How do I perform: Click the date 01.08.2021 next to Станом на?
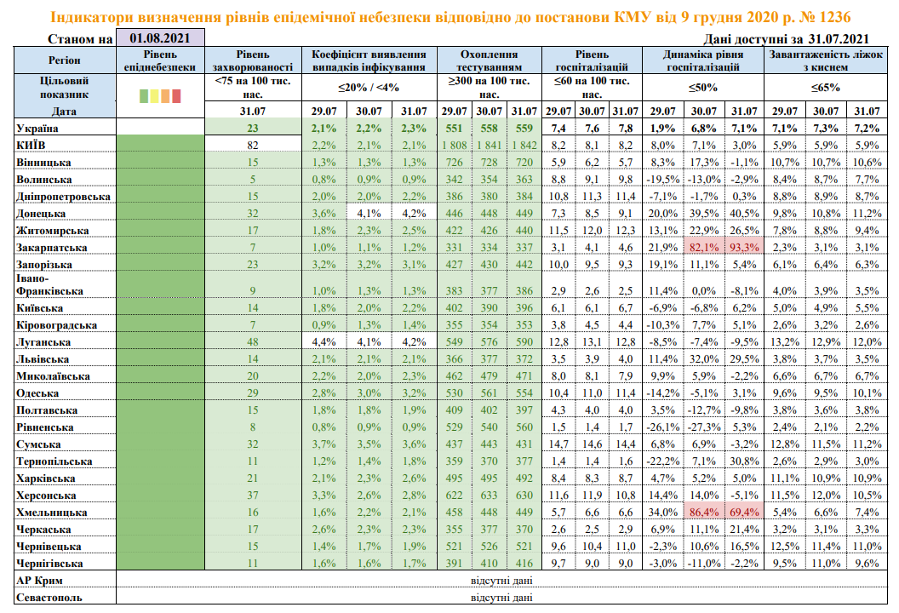160,37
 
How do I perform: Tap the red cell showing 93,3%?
744,248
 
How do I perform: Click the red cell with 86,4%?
703,513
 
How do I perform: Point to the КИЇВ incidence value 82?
253,145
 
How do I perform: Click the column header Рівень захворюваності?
253,60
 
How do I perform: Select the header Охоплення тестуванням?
489,60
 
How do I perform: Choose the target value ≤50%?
703,87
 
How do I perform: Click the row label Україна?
37,128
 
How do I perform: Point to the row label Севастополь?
49,598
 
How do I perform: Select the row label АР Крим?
41,581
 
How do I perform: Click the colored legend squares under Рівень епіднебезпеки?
159,96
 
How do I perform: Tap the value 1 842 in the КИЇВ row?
524,145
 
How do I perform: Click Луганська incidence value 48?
253,341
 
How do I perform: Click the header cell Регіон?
60,60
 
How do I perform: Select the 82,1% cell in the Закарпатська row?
703,248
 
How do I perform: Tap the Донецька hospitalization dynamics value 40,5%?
744,214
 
